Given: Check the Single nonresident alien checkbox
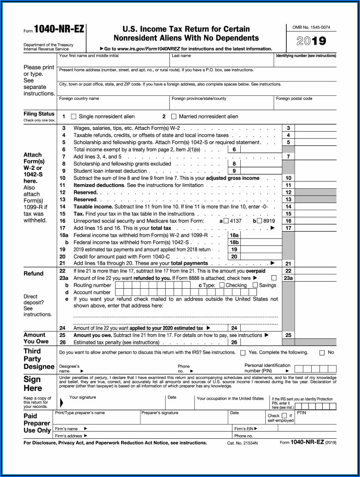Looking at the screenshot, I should [x=75, y=116].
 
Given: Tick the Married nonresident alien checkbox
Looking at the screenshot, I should [x=174, y=116].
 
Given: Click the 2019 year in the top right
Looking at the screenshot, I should [x=311, y=41].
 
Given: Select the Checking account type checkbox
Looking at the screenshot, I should [x=222, y=285].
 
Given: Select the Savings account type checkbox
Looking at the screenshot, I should [x=255, y=285].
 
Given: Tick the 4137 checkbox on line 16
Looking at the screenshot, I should [x=226, y=221].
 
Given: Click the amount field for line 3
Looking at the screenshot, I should [x=315, y=128].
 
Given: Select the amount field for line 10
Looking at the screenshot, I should [x=315, y=178].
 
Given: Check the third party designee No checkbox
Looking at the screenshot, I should [x=322, y=353].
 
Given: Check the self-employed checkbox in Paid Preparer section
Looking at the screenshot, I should [x=284, y=415].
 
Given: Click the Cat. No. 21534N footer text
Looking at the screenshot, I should [x=243, y=442].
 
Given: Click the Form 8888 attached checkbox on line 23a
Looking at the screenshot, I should [x=274, y=278].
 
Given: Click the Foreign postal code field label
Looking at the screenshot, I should [x=294, y=99].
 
